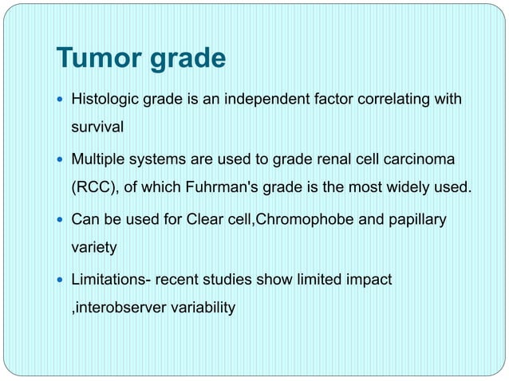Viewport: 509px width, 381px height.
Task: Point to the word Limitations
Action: point(111,279)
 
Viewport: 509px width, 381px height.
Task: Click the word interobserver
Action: point(116,308)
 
